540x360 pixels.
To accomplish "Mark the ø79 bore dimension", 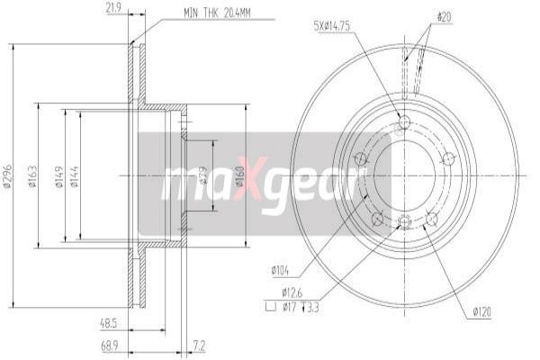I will click(x=206, y=177).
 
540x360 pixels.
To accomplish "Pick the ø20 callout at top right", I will click(x=444, y=15).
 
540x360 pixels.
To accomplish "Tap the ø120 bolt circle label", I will click(x=480, y=312).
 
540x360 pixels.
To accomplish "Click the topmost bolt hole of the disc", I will click(x=403, y=123).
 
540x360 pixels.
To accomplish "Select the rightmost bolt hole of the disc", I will click(x=448, y=158).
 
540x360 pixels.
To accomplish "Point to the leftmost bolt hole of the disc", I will click(x=360, y=159).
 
